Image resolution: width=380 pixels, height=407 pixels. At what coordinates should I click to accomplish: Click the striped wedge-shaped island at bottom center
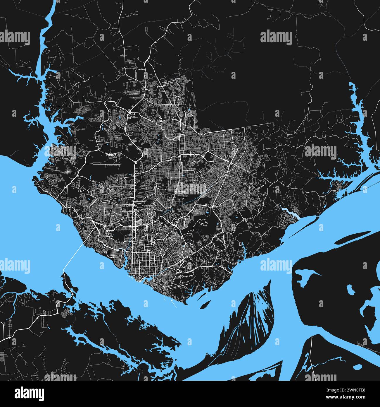tap(248, 319)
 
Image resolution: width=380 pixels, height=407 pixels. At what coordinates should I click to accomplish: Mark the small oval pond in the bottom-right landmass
tap(357, 367)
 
